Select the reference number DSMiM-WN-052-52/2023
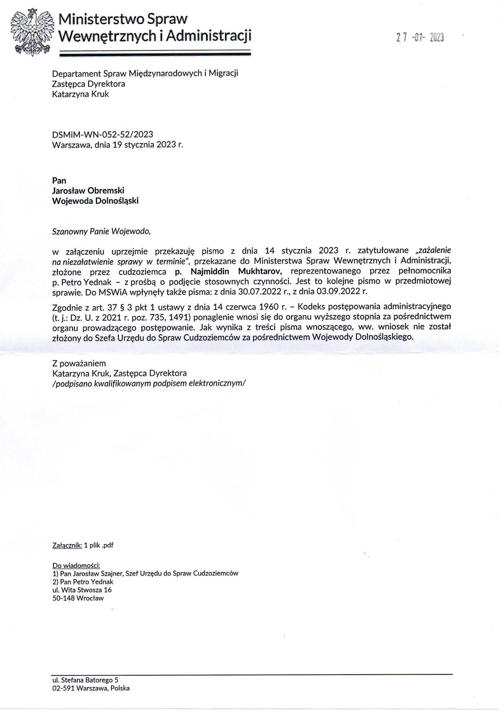point(102,134)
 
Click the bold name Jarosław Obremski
point(88,190)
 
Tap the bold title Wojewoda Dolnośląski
point(95,201)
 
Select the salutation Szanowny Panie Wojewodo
point(101,231)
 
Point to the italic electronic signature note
point(149,383)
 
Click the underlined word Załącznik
point(67,545)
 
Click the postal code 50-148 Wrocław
point(78,598)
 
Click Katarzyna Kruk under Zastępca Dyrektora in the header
point(80,94)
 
